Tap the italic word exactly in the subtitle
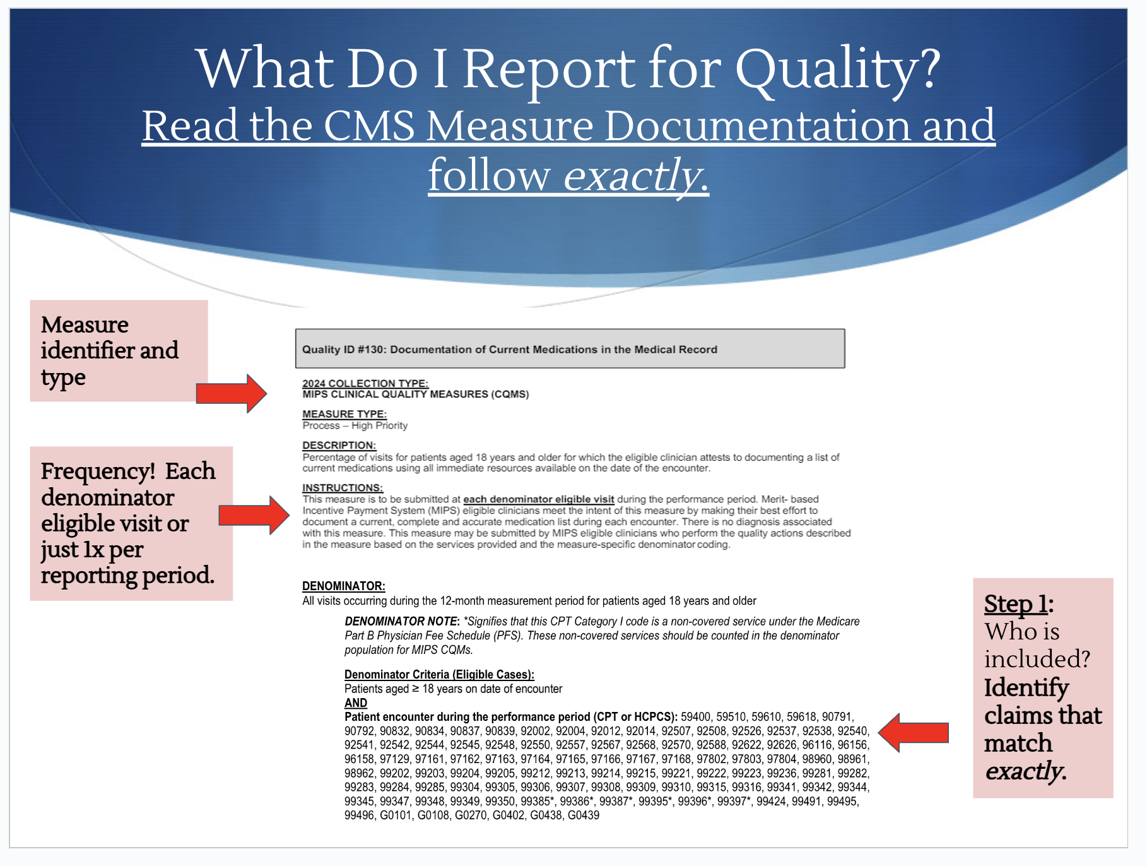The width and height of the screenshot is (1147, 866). pos(635,175)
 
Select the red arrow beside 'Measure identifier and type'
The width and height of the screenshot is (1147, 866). pos(232,393)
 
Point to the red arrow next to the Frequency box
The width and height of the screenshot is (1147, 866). pos(254,515)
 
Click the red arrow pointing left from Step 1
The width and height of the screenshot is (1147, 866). pos(913,732)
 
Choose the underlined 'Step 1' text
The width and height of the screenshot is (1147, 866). pos(1016,604)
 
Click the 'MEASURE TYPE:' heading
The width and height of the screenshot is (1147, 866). pos(344,414)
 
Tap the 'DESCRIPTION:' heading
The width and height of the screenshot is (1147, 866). pos(339,445)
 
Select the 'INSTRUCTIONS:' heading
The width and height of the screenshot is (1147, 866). pos(343,488)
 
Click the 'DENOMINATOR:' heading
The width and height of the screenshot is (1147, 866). pos(344,586)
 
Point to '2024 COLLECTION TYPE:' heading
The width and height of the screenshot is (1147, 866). pos(365,383)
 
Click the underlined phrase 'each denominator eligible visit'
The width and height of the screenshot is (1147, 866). pos(539,499)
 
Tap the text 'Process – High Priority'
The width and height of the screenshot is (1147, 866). pos(355,425)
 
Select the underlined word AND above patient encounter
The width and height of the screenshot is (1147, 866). pos(356,703)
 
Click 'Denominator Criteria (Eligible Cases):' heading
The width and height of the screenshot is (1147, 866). pos(439,674)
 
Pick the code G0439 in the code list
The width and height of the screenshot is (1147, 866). pos(584,815)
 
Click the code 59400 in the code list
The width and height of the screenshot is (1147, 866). pos(696,716)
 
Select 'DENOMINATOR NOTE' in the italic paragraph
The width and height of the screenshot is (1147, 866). pos(401,621)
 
